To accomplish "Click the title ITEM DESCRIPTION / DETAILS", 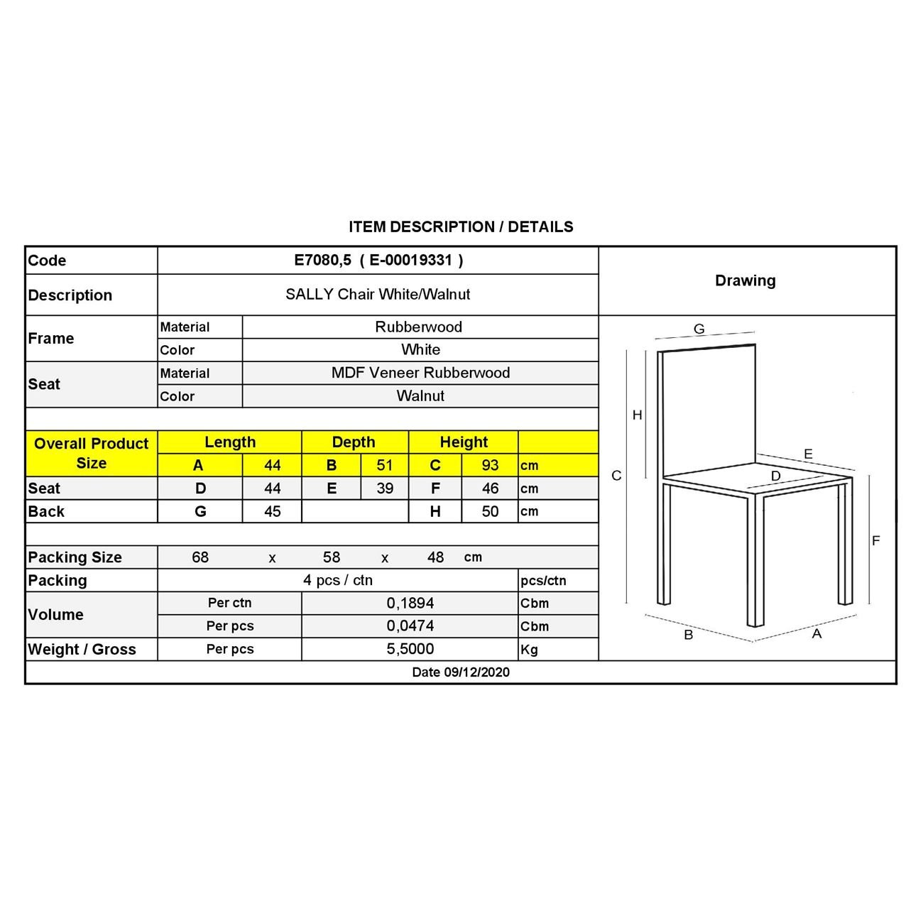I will click(461, 227).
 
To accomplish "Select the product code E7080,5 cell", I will click(378, 261).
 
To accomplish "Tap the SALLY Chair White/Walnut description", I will click(378, 295).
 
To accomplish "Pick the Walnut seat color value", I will click(420, 396).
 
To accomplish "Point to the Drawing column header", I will click(745, 280).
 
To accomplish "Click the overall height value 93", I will click(490, 466).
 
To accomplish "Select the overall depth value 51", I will click(384, 466).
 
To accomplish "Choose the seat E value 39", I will click(384, 488).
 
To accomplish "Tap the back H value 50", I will click(490, 511).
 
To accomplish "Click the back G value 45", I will click(272, 511).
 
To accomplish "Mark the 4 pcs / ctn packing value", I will click(338, 580).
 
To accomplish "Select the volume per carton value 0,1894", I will click(410, 603).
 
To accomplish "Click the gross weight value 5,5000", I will click(410, 649).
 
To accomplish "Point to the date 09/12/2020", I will click(461, 672).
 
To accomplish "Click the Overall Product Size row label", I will click(92, 454).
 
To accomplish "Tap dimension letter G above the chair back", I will click(699, 329).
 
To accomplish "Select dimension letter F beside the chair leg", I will click(875, 541).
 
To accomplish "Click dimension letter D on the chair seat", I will click(775, 476).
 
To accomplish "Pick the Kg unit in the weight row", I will click(530, 650).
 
